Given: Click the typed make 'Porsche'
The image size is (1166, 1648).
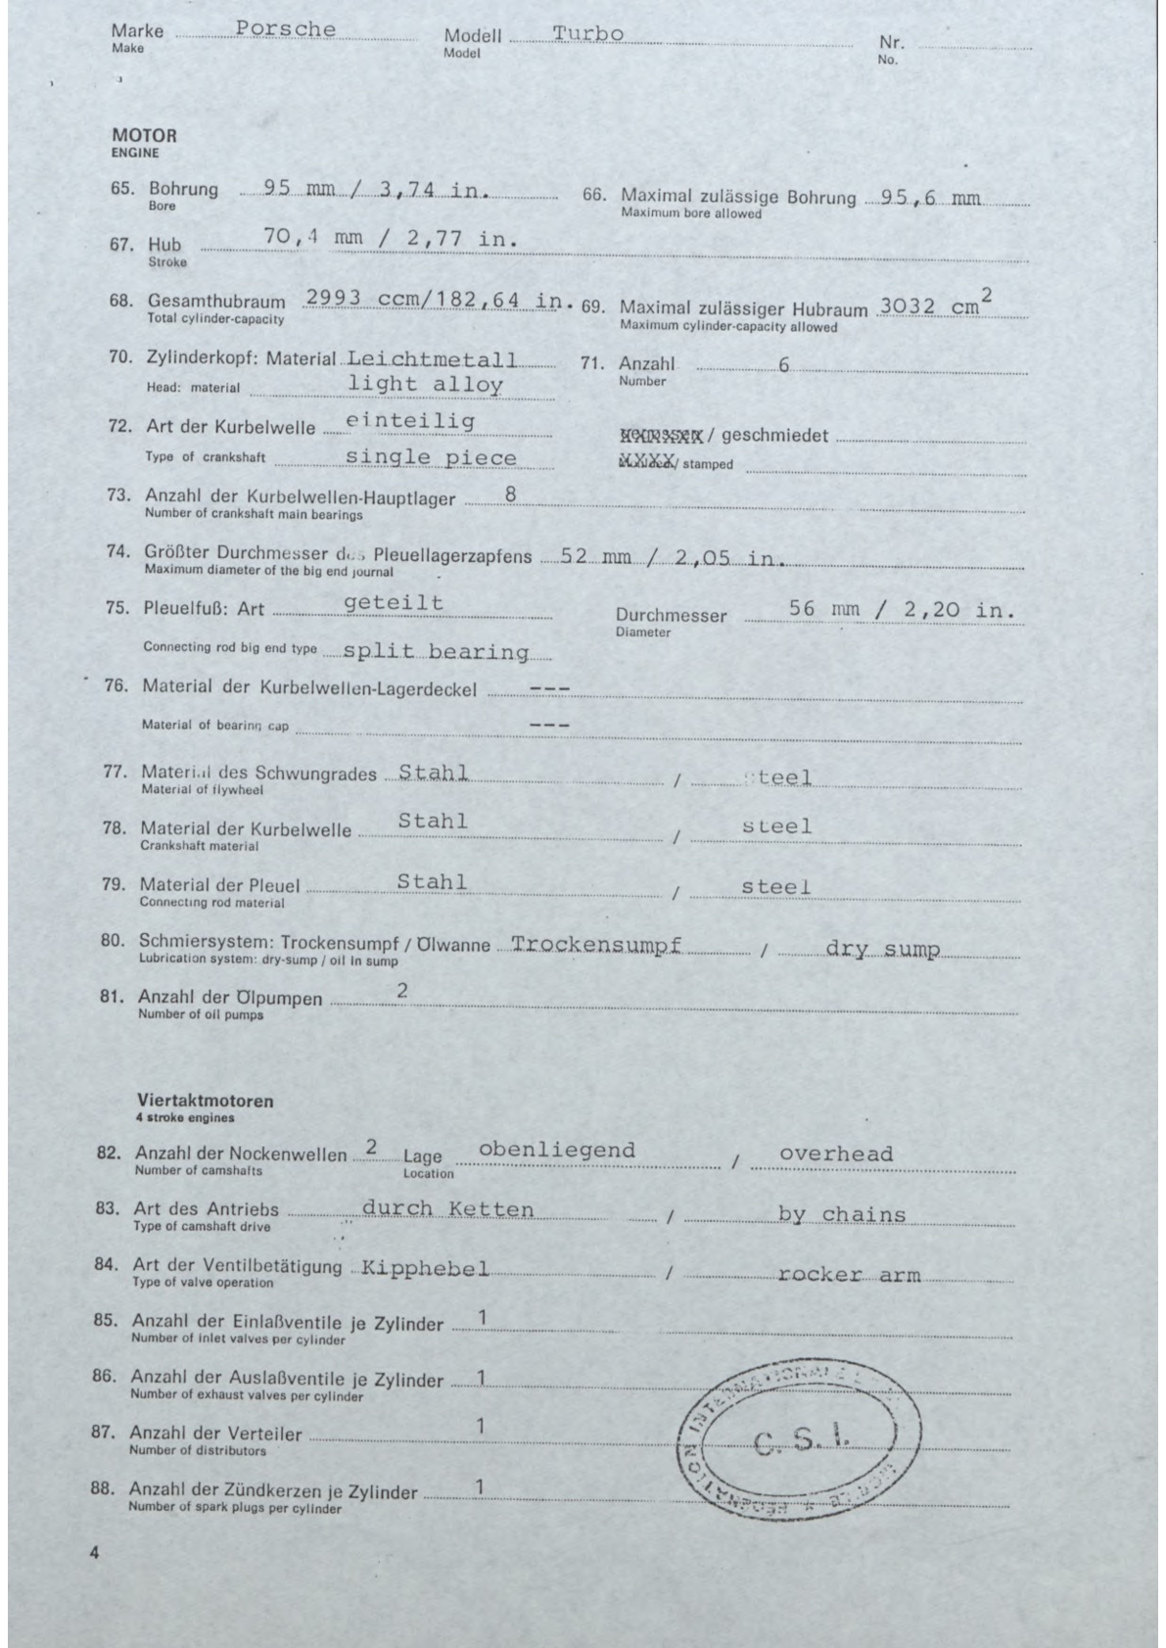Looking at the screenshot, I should click(x=286, y=29).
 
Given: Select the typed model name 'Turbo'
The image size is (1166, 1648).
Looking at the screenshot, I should click(x=587, y=33).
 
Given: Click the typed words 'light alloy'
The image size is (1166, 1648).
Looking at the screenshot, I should click(x=426, y=385).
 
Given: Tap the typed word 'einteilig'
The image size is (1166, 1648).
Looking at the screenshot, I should click(x=411, y=421).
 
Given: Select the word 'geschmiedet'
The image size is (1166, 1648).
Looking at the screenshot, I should click(x=774, y=436).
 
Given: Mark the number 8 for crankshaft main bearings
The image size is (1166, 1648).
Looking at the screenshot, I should click(x=510, y=494).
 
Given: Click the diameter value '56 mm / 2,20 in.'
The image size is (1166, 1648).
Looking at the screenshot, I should click(x=902, y=610).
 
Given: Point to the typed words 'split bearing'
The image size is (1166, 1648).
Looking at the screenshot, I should click(x=437, y=652).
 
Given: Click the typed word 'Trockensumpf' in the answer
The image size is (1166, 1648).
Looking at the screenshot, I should click(x=596, y=946).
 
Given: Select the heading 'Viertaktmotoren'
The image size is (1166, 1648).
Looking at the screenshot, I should click(x=206, y=1101).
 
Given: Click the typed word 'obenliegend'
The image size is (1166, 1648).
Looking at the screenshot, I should click(x=556, y=1150).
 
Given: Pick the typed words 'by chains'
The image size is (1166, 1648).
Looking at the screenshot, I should click(x=842, y=1215).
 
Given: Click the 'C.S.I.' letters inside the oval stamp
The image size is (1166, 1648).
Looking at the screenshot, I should click(x=802, y=1441).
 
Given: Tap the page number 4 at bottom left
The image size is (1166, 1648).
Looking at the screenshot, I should click(x=94, y=1552).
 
